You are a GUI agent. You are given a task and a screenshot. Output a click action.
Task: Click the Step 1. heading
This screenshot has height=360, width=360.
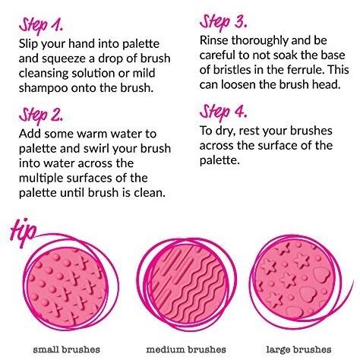(41, 26)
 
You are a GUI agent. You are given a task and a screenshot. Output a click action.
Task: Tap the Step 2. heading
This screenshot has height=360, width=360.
(41, 116)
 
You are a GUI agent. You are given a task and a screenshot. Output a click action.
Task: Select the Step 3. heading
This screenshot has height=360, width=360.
(223, 22)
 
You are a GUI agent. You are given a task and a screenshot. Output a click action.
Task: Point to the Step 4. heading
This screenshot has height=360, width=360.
(223, 112)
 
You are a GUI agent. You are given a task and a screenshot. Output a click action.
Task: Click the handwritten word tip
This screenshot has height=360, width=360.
(24, 232)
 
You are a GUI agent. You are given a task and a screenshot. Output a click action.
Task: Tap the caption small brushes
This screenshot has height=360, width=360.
(67, 349)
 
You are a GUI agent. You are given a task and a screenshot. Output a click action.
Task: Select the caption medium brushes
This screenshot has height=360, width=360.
(186, 349)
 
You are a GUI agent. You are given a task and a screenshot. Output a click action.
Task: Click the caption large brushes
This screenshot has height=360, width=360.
(298, 350)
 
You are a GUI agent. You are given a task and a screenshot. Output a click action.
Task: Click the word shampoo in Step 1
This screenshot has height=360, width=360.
(43, 88)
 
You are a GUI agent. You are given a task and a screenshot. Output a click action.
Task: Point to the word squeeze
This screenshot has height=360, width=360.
(68, 59)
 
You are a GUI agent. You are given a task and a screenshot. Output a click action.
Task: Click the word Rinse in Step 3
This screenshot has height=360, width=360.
(213, 40)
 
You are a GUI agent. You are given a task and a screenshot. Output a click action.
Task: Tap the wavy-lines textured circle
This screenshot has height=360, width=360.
(188, 286)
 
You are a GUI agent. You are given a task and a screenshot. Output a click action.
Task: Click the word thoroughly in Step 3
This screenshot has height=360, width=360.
(260, 41)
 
